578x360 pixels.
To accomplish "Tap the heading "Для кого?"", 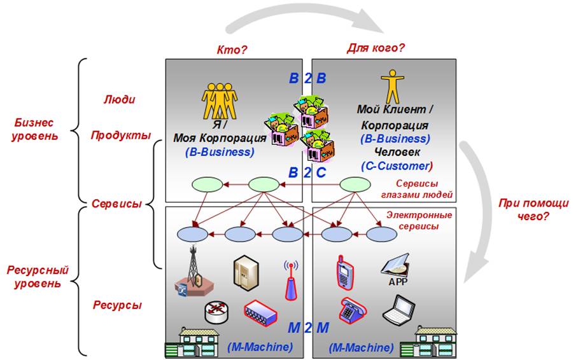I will coord(376,48).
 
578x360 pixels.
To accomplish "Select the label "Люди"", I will coord(119,100).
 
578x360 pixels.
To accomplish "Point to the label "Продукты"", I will coord(120,135).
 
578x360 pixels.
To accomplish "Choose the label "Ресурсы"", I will coord(117,305).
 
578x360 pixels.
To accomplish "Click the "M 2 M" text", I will coord(308,328).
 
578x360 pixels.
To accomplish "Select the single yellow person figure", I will coord(389,87).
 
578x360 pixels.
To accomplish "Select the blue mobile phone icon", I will coord(344,272).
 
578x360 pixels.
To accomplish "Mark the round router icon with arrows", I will coord(216,310).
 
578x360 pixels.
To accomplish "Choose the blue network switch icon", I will coord(260,311).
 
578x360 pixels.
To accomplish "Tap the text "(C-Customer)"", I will coord(397,166).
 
